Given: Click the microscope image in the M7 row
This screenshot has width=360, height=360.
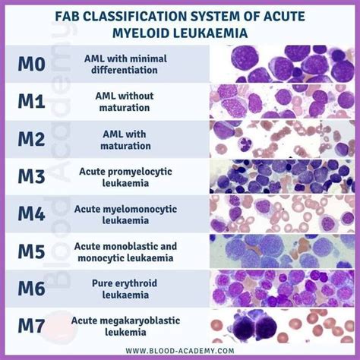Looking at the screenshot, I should pyautogui.click(x=280, y=327).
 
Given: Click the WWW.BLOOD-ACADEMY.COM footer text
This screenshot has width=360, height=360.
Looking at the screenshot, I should pyautogui.click(x=179, y=351).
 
